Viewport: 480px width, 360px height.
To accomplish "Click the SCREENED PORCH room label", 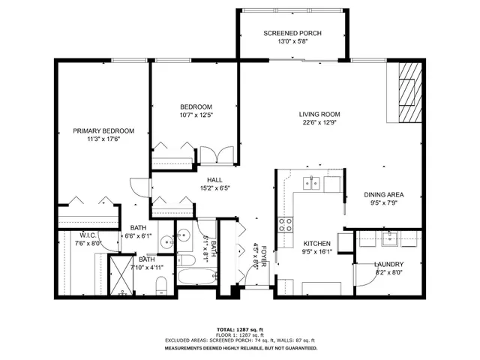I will [292, 34].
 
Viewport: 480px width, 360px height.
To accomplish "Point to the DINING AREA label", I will [385, 195].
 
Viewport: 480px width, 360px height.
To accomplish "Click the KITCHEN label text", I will [316, 244].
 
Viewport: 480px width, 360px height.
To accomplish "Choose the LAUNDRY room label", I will [389, 264].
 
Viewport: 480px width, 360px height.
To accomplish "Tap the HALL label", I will [215, 180].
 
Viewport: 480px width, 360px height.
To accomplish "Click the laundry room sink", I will [389, 240].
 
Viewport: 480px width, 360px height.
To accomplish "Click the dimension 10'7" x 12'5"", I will [196, 115].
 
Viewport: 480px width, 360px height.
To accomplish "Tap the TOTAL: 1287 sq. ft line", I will [240, 330].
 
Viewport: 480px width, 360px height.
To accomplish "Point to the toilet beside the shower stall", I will [160, 284].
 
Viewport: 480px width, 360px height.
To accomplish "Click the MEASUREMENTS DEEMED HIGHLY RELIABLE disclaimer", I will [240, 348].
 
